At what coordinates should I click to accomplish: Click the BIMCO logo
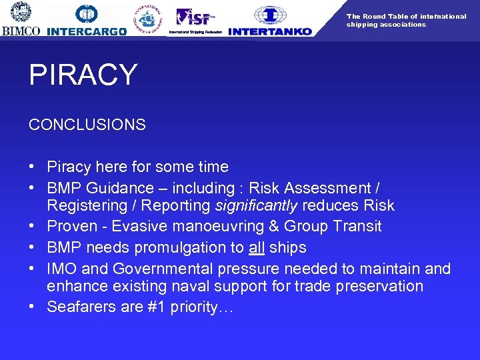(x=21, y=19)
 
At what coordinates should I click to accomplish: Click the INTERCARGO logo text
(x=87, y=31)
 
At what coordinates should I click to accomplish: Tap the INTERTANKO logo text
(x=270, y=31)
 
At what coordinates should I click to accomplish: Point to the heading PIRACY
(x=83, y=75)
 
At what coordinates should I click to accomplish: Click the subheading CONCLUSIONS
(x=87, y=125)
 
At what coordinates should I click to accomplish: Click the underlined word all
(x=257, y=247)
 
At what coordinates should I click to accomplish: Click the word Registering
(x=87, y=206)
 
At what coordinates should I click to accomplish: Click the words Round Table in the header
(x=386, y=17)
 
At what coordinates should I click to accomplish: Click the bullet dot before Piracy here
(x=33, y=167)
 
